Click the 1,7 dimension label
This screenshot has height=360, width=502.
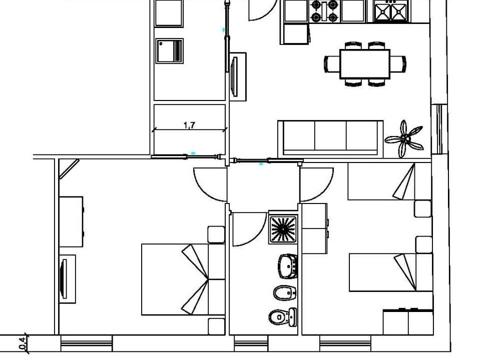pyautogui.click(x=189, y=125)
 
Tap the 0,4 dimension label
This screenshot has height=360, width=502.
pyautogui.click(x=23, y=343)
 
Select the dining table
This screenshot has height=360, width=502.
pyautogui.click(x=365, y=64)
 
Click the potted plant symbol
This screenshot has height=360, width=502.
pyautogui.click(x=404, y=139)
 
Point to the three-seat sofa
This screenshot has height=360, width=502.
pyautogui.click(x=330, y=139)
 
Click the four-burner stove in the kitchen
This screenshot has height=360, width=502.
pyautogui.click(x=325, y=11)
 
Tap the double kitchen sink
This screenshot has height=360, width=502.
pyautogui.click(x=391, y=11)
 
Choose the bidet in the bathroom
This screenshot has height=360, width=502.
pyautogui.click(x=285, y=292)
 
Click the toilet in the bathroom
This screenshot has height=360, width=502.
pyautogui.click(x=283, y=317)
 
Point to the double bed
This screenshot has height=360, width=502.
pyautogui.click(x=183, y=279)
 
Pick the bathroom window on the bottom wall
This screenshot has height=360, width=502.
pyautogui.click(x=251, y=343)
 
